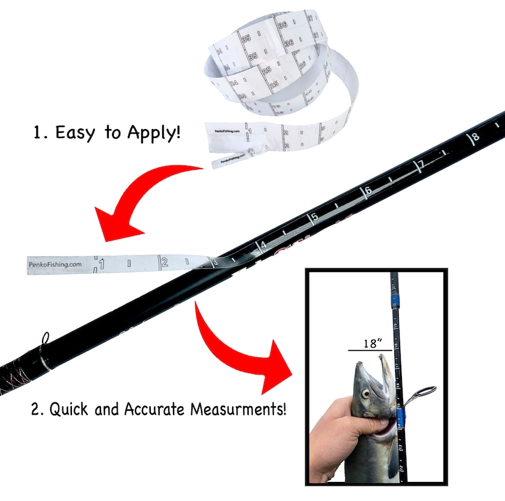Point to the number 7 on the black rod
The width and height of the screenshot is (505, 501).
(x=420, y=165)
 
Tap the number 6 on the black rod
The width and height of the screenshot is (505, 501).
(x=368, y=191)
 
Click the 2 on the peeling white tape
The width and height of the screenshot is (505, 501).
(x=164, y=262)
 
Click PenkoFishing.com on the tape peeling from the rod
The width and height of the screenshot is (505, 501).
(x=55, y=264)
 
